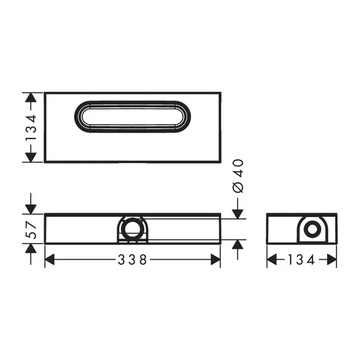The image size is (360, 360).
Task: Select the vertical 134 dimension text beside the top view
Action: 31,127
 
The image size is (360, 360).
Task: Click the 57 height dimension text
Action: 32,229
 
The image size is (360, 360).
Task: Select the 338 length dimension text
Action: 133,260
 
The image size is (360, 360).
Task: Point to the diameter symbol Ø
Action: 237,186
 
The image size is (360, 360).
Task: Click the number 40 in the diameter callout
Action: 237,167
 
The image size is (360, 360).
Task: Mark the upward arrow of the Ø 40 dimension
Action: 237,245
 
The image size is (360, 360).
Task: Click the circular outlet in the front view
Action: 131,230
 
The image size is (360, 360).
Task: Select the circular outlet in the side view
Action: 311,230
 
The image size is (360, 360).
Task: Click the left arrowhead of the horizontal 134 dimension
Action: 270,260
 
